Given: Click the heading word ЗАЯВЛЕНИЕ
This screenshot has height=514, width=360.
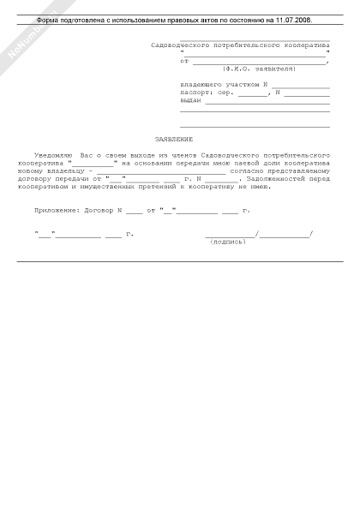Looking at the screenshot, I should [173, 139].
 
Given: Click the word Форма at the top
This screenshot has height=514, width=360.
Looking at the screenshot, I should [51, 18].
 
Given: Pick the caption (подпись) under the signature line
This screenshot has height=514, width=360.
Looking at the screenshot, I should [227, 242].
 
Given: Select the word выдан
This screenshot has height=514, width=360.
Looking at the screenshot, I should [190, 100].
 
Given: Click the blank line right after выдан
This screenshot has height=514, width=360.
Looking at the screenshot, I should [267, 101].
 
